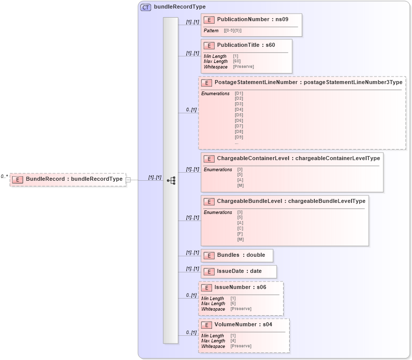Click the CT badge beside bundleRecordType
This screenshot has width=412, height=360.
[x=146, y=8]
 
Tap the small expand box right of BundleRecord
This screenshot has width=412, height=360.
[x=128, y=179]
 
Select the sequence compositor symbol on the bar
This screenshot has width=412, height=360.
[x=171, y=180]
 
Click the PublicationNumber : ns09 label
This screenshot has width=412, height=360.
[x=252, y=19]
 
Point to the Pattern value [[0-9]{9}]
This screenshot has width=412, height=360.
[x=232, y=31]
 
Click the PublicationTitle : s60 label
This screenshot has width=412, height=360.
[x=246, y=45]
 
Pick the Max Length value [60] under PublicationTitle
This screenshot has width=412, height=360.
[x=237, y=61]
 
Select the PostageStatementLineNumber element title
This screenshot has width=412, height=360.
[x=308, y=82]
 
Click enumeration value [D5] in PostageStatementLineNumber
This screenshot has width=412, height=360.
[x=239, y=115]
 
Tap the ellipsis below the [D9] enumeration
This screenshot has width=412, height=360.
[x=236, y=142]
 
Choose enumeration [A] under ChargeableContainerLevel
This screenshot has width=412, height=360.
[x=240, y=180]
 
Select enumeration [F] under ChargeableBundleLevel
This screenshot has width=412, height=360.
[x=240, y=234]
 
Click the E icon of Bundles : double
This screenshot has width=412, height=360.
[x=209, y=255]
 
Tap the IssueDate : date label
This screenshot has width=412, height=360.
[x=239, y=271]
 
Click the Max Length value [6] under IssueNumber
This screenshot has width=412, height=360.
[x=233, y=304]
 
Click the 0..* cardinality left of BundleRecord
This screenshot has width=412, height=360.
[x=4, y=176]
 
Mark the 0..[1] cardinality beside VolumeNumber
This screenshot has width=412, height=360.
[x=191, y=332]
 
